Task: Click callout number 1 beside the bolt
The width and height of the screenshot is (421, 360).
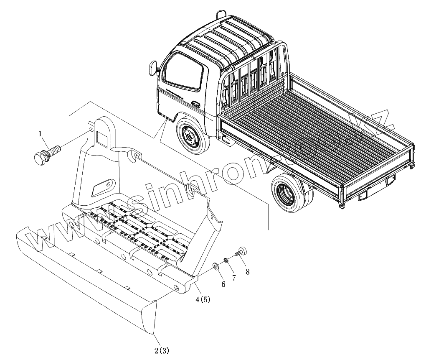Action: click(x=41, y=134)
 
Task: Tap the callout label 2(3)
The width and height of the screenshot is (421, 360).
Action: click(x=162, y=350)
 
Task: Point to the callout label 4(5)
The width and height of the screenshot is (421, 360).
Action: click(x=203, y=299)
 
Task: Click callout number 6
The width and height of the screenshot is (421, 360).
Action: click(x=223, y=284)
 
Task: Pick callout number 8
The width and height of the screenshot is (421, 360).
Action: click(x=248, y=272)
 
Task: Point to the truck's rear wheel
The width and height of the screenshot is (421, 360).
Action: click(x=288, y=192)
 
